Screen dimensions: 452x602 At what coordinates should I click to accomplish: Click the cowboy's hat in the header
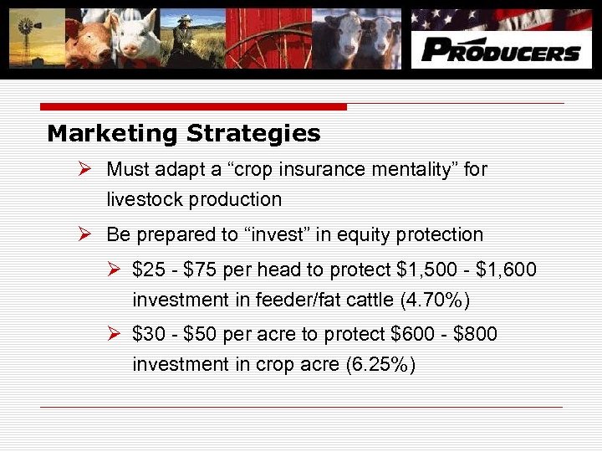185,18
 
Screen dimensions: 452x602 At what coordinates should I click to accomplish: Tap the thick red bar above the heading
193,107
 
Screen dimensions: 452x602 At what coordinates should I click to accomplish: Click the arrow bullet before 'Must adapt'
84,168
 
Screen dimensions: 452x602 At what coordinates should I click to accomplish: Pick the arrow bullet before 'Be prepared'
84,234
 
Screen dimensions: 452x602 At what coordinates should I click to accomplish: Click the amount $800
475,334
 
